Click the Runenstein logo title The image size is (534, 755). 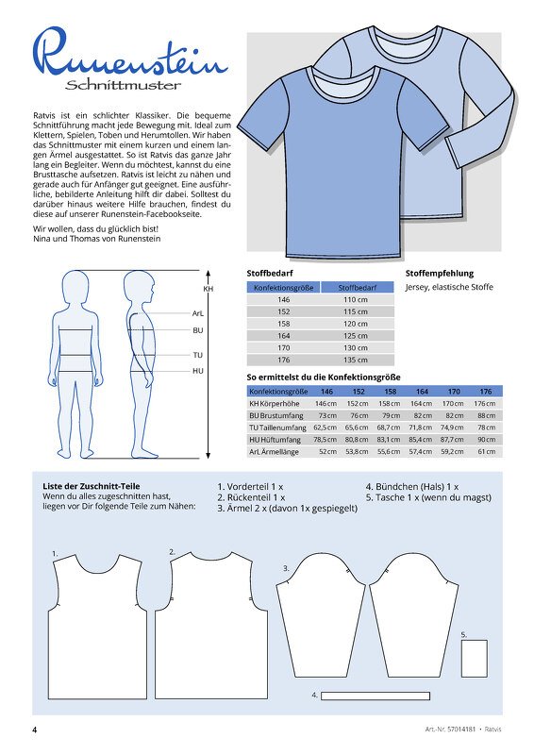(129, 58)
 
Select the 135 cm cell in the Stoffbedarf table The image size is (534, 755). (356, 360)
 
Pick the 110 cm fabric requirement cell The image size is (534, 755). (356, 298)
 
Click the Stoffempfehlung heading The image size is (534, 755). (439, 272)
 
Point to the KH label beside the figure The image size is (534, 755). (208, 289)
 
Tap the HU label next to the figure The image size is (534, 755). (198, 371)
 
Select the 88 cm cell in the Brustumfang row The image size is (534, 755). (485, 415)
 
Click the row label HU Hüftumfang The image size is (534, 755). (275, 439)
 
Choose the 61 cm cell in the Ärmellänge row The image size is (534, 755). (485, 451)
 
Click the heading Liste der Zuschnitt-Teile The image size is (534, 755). (92, 486)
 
